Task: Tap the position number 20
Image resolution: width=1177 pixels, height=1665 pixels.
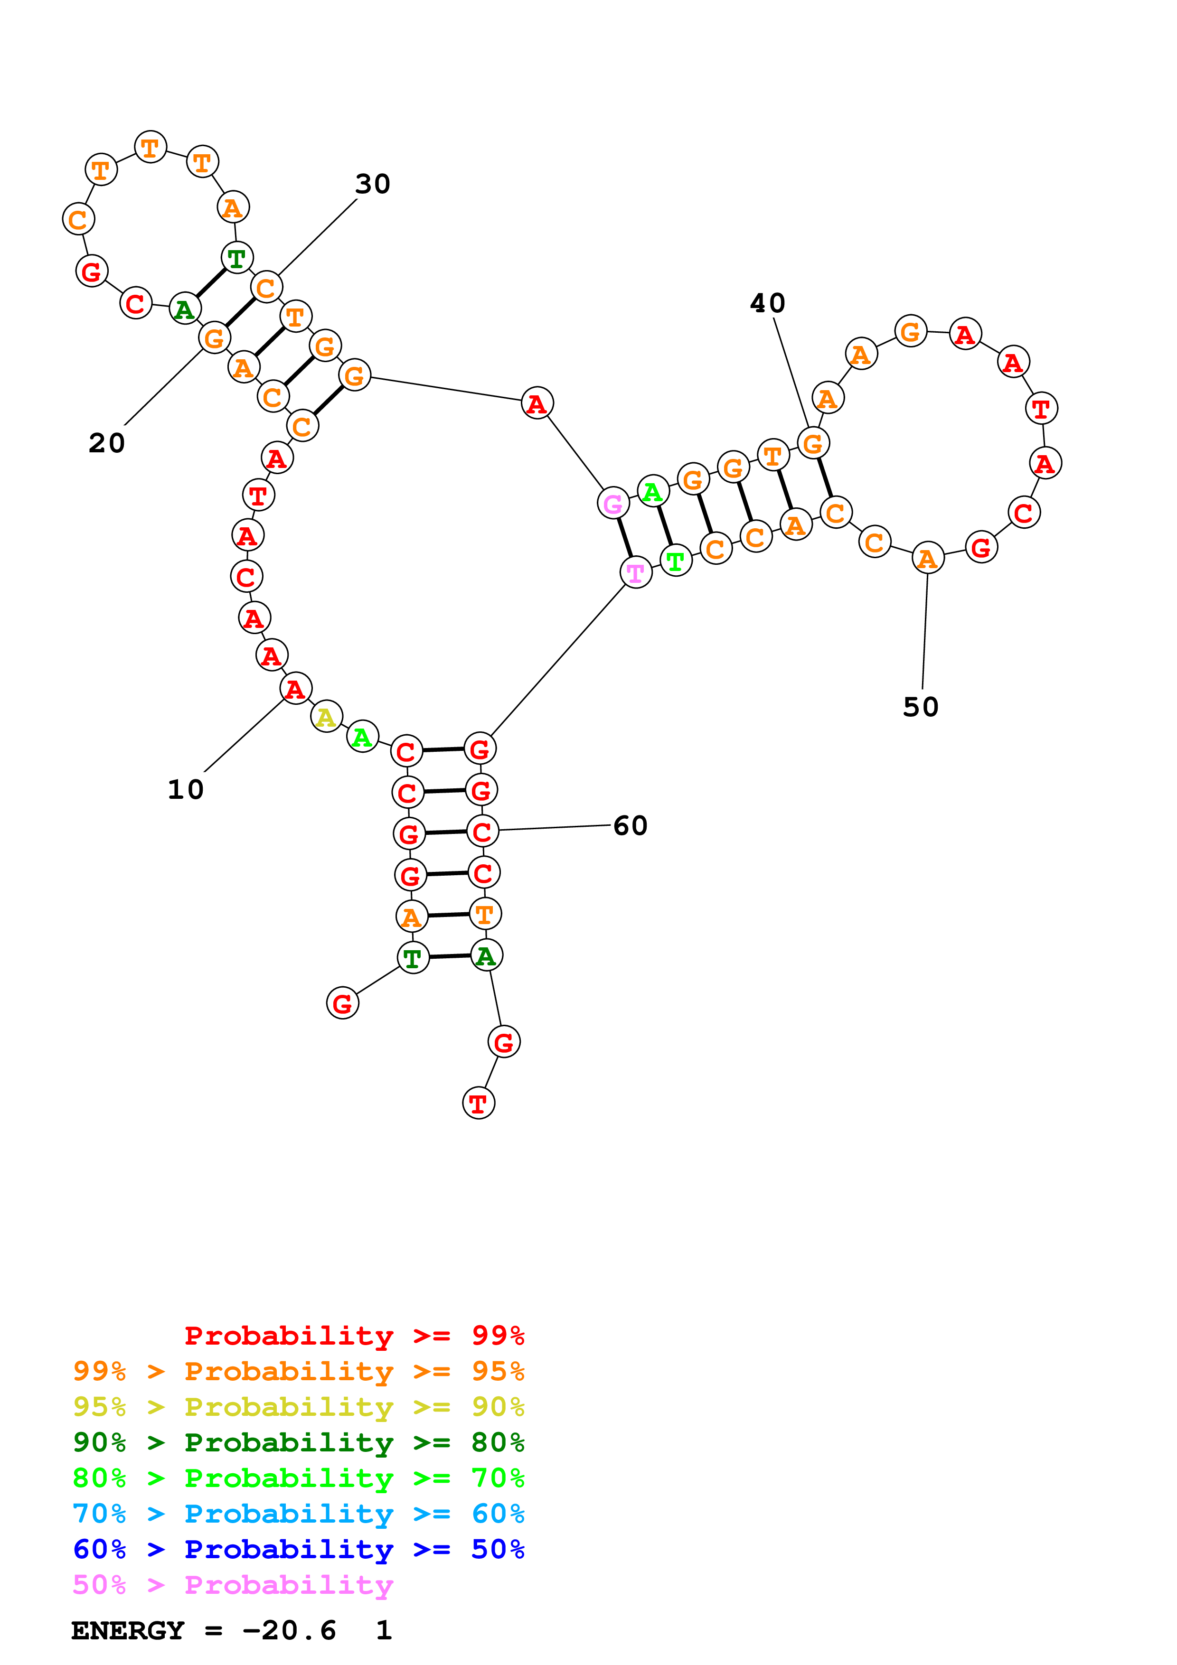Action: (x=107, y=443)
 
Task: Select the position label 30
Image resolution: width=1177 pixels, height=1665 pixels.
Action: (x=373, y=184)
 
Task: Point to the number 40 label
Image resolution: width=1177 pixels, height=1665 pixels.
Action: (x=767, y=303)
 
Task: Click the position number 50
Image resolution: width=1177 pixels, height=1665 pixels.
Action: (x=920, y=707)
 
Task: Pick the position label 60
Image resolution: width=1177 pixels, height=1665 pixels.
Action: (x=630, y=826)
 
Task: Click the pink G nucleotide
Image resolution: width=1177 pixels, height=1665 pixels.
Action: (x=613, y=503)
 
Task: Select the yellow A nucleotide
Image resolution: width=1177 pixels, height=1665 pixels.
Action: (x=326, y=717)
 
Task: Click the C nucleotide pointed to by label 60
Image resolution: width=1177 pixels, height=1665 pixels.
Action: (x=482, y=831)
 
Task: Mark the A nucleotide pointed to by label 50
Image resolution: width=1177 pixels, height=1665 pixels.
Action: (x=928, y=558)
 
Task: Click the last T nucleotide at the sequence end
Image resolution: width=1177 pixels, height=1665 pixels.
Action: (x=478, y=1103)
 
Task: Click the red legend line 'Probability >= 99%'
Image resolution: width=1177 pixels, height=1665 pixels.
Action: (x=354, y=1336)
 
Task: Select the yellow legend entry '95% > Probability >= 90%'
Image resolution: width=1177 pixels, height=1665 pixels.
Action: (x=298, y=1407)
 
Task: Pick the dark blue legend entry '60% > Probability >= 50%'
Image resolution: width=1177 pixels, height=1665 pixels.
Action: (x=298, y=1549)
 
